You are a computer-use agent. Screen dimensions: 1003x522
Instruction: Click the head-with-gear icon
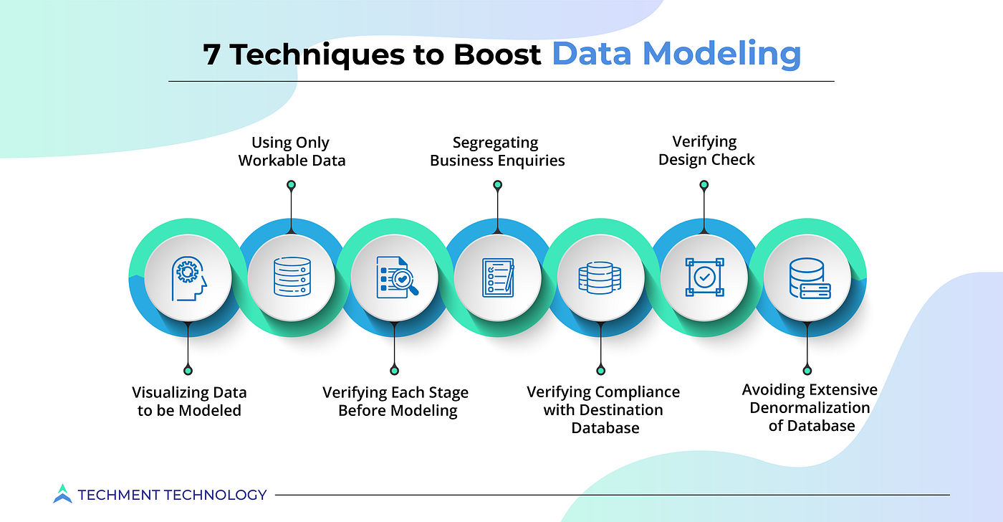click(188, 278)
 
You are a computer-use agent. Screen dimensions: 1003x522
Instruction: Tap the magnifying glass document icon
click(397, 277)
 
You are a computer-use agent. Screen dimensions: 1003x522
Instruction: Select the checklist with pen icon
click(498, 277)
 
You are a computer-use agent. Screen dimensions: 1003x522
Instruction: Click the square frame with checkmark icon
click(704, 277)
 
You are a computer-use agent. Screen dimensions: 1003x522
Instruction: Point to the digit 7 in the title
click(211, 54)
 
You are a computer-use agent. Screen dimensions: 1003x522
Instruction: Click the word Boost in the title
click(497, 54)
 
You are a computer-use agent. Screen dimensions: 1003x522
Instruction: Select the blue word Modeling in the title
click(721, 54)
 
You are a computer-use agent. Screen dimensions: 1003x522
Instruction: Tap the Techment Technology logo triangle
click(62, 493)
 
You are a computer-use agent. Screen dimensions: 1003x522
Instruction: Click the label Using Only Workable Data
click(292, 151)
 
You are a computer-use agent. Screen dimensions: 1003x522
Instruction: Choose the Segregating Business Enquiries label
click(497, 151)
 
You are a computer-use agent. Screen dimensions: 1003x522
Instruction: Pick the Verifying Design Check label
click(706, 151)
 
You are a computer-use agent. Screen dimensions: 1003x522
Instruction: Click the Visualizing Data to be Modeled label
click(189, 402)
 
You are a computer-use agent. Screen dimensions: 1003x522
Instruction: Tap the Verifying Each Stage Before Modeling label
click(395, 402)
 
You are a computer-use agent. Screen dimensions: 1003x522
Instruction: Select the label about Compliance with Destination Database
click(603, 410)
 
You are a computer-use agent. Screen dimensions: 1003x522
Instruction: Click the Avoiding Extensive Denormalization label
click(810, 408)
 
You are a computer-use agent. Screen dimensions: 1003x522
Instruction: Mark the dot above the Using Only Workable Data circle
click(291, 184)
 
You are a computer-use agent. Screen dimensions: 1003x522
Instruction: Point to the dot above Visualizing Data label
click(188, 371)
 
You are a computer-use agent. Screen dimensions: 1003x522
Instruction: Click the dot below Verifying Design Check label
click(704, 184)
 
